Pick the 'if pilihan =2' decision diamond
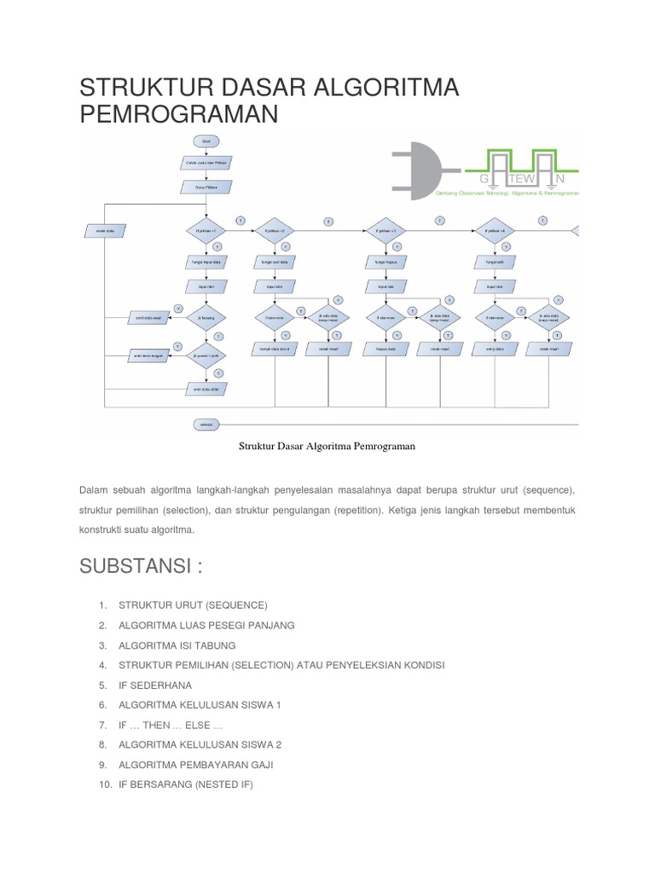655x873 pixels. click(275, 230)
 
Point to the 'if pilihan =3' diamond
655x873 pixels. click(385, 230)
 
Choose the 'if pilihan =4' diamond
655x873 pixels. click(496, 230)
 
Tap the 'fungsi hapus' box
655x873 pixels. click(385, 263)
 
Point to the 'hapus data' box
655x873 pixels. click(385, 349)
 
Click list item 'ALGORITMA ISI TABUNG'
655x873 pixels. click(177, 645)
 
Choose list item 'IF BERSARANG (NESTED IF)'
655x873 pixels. click(186, 784)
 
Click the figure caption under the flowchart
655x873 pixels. click(327, 446)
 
